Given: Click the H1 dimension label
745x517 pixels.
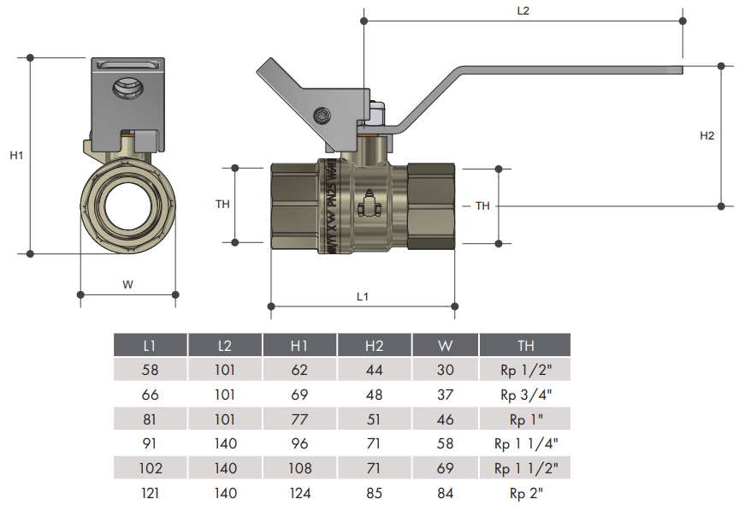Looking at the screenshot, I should click(x=16, y=156).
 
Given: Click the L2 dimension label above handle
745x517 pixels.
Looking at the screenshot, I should click(x=523, y=11).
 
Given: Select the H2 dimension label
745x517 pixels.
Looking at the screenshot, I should click(x=707, y=135).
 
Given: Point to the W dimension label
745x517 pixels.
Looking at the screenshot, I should click(x=127, y=284).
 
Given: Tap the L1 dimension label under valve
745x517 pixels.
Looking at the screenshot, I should click(x=362, y=296).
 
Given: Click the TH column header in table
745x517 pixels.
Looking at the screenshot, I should click(x=525, y=346).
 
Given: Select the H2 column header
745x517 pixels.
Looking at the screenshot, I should click(x=374, y=346).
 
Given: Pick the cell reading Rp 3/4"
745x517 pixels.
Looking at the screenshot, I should click(x=525, y=395).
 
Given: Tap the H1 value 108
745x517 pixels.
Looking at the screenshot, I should click(x=299, y=468).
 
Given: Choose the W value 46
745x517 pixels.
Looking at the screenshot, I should click(x=446, y=419).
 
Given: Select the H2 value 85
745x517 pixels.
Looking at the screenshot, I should click(x=374, y=493).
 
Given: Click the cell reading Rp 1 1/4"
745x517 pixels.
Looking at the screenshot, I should click(x=525, y=443).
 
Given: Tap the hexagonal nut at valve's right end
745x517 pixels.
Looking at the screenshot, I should click(x=431, y=205).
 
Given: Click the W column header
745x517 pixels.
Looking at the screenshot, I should click(x=446, y=346).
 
